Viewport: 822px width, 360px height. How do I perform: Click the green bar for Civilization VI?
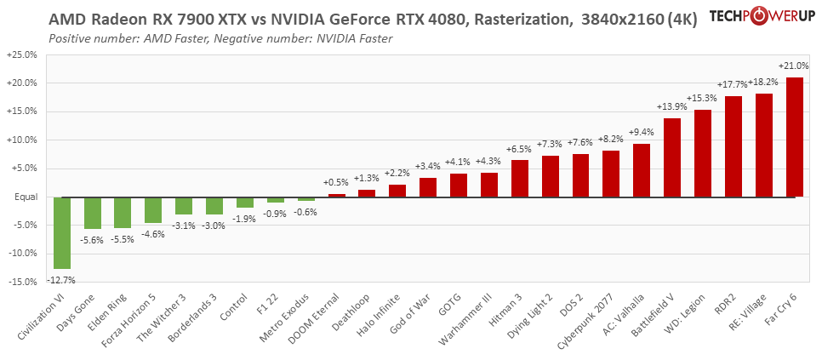[62, 232]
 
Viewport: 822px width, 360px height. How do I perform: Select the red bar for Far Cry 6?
[795, 137]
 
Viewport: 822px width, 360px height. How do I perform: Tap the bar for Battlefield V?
[672, 157]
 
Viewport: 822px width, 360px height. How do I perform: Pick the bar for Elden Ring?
[123, 213]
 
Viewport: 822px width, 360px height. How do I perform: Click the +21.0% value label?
[794, 66]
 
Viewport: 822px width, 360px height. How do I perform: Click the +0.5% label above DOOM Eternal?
[337, 182]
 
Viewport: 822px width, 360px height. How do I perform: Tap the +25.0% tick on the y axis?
[21, 54]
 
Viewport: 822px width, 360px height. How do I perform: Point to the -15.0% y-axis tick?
[21, 282]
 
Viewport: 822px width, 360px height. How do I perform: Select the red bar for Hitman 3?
[520, 179]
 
